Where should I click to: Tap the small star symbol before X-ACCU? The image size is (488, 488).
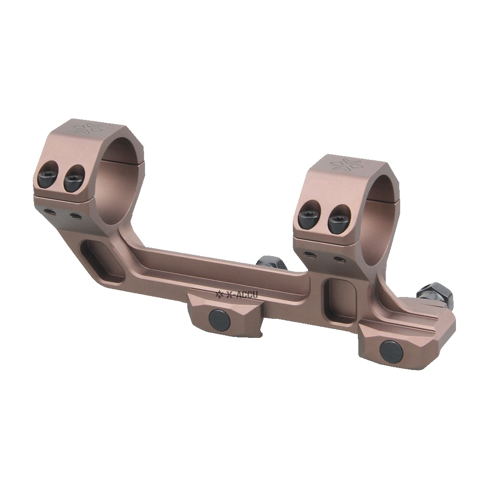click(219, 293)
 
